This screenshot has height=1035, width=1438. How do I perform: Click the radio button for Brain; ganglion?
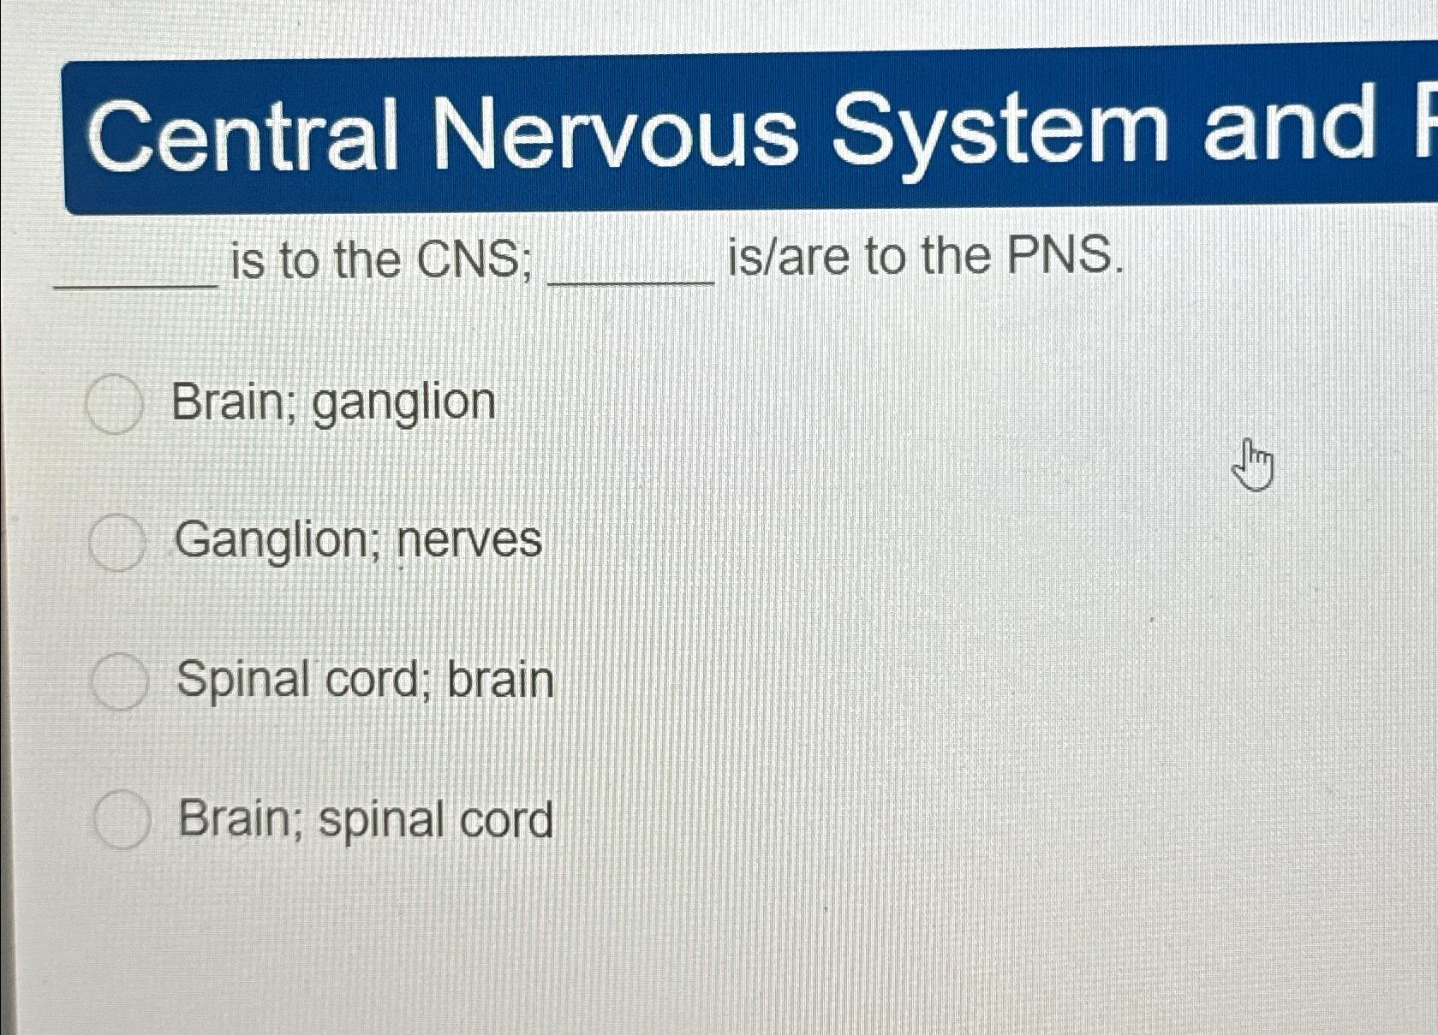tap(114, 404)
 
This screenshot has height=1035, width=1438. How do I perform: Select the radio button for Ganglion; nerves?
tap(116, 543)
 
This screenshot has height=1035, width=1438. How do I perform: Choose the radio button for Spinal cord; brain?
tap(119, 682)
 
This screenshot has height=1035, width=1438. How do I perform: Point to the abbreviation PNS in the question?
tap(1064, 256)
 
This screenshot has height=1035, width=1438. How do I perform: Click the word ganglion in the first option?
tap(403, 404)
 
